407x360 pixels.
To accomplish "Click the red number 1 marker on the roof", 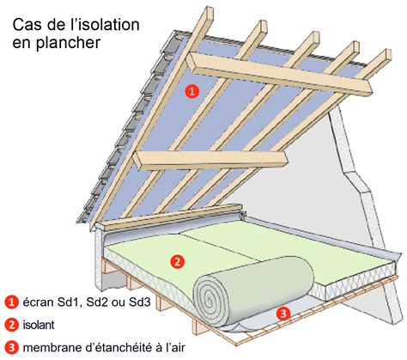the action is click(x=191, y=91).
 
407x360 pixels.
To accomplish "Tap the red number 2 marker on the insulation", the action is click(x=177, y=261).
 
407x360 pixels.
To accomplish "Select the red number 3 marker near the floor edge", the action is click(x=283, y=314).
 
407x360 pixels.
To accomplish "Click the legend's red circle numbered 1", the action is click(x=12, y=302).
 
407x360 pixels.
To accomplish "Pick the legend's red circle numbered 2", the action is click(x=12, y=325).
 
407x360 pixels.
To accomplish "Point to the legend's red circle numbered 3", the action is click(x=12, y=348).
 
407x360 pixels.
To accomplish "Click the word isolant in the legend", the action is click(x=39, y=325).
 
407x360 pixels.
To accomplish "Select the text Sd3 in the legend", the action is click(x=140, y=302).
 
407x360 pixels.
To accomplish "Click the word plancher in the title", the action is click(x=69, y=42).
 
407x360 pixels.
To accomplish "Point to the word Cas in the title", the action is click(x=26, y=25).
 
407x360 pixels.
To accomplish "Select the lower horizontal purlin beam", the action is click(x=210, y=161).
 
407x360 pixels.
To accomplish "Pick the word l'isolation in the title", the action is click(x=105, y=25).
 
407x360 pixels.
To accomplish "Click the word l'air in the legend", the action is click(x=176, y=347).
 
